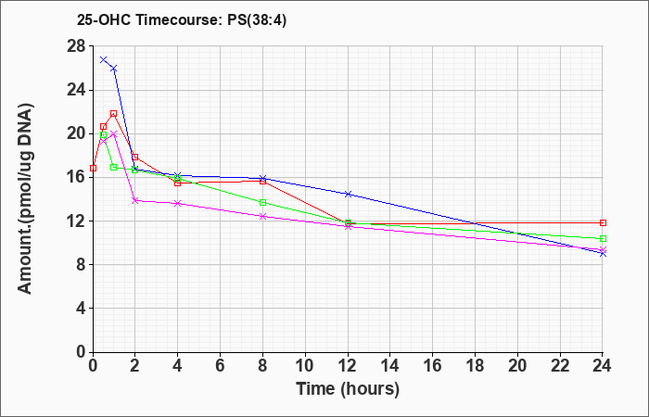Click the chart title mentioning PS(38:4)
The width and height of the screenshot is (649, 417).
pos(182,19)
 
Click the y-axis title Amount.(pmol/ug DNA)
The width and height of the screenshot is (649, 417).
pos(25,198)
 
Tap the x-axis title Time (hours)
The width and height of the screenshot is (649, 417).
pos(348,389)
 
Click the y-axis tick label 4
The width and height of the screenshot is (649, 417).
pos(82,309)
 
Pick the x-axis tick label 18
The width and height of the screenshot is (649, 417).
pos(475,366)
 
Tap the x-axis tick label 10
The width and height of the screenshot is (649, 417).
pos(305,366)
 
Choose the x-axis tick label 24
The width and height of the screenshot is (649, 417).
pos(602,366)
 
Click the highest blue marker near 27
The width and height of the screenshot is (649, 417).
pos(104,59)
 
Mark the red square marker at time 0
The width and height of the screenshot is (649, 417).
pos(93,168)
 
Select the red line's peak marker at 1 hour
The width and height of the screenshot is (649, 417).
pos(113,113)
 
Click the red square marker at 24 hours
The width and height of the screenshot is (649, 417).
pos(603,223)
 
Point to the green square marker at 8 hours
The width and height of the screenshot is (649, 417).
pos(262,202)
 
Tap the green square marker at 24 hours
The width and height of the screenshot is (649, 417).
pos(603,239)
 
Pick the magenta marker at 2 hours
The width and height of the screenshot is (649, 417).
pos(135,200)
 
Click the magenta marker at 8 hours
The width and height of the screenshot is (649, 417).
pos(262,216)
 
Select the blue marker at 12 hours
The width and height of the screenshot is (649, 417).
pos(348,194)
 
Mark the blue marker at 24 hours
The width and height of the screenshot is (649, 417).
pos(603,254)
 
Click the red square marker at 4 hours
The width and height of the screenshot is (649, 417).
pos(178,183)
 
